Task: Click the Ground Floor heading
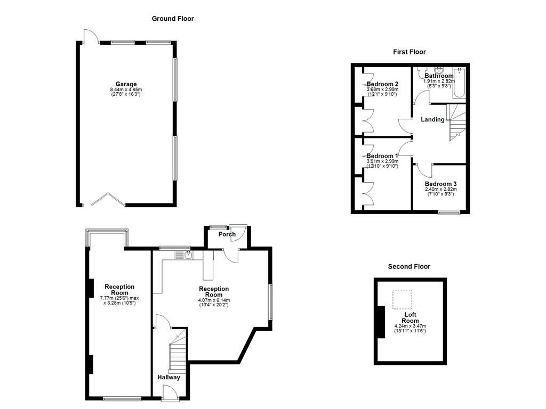coord(173,19)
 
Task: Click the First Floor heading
coord(409,52)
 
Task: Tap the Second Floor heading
coord(409,266)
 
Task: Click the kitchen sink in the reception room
coord(188,255)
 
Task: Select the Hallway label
coord(168,377)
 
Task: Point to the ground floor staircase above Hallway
coord(178,352)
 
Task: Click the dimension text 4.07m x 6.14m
coord(214,300)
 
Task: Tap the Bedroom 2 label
coord(382,84)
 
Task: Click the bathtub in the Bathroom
coord(459,83)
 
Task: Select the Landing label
coord(432,119)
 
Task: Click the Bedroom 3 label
coord(440,184)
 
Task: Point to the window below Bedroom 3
coord(449,213)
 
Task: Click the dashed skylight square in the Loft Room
coord(403,299)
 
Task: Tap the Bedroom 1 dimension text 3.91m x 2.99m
coord(382,161)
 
